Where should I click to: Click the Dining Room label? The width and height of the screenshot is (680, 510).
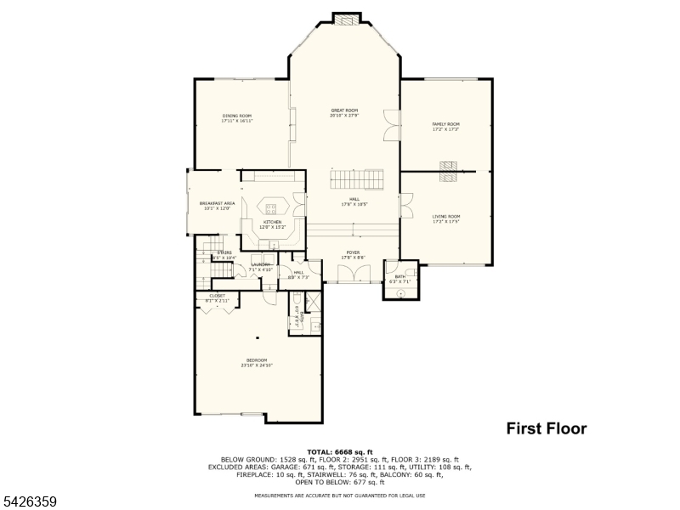coord(238,116)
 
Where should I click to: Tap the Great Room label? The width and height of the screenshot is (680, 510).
coord(344,110)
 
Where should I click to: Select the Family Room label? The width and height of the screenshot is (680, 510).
coord(445,124)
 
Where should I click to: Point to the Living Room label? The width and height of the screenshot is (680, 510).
coord(446,217)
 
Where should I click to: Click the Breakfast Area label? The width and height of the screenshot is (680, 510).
coord(217,203)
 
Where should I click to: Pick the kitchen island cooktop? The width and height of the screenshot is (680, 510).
coord(272,207)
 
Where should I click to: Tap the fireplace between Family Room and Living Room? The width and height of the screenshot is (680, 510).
coord(447,172)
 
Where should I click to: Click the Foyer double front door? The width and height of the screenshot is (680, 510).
coord(352,274)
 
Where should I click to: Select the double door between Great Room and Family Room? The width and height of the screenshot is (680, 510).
coord(389,125)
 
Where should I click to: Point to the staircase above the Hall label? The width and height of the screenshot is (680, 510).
coord(357,180)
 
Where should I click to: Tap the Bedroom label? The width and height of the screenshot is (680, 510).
coord(256,360)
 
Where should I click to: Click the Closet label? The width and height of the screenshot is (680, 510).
coord(217,296)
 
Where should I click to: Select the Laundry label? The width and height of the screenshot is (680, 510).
coord(261,264)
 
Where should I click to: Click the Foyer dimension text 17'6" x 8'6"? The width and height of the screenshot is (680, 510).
coord(352,258)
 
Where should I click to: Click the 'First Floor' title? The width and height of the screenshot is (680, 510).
coord(547,428)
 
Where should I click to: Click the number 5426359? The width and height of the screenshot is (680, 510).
coord(29,501)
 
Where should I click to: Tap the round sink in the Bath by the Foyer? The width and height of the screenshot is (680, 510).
coord(402,292)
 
